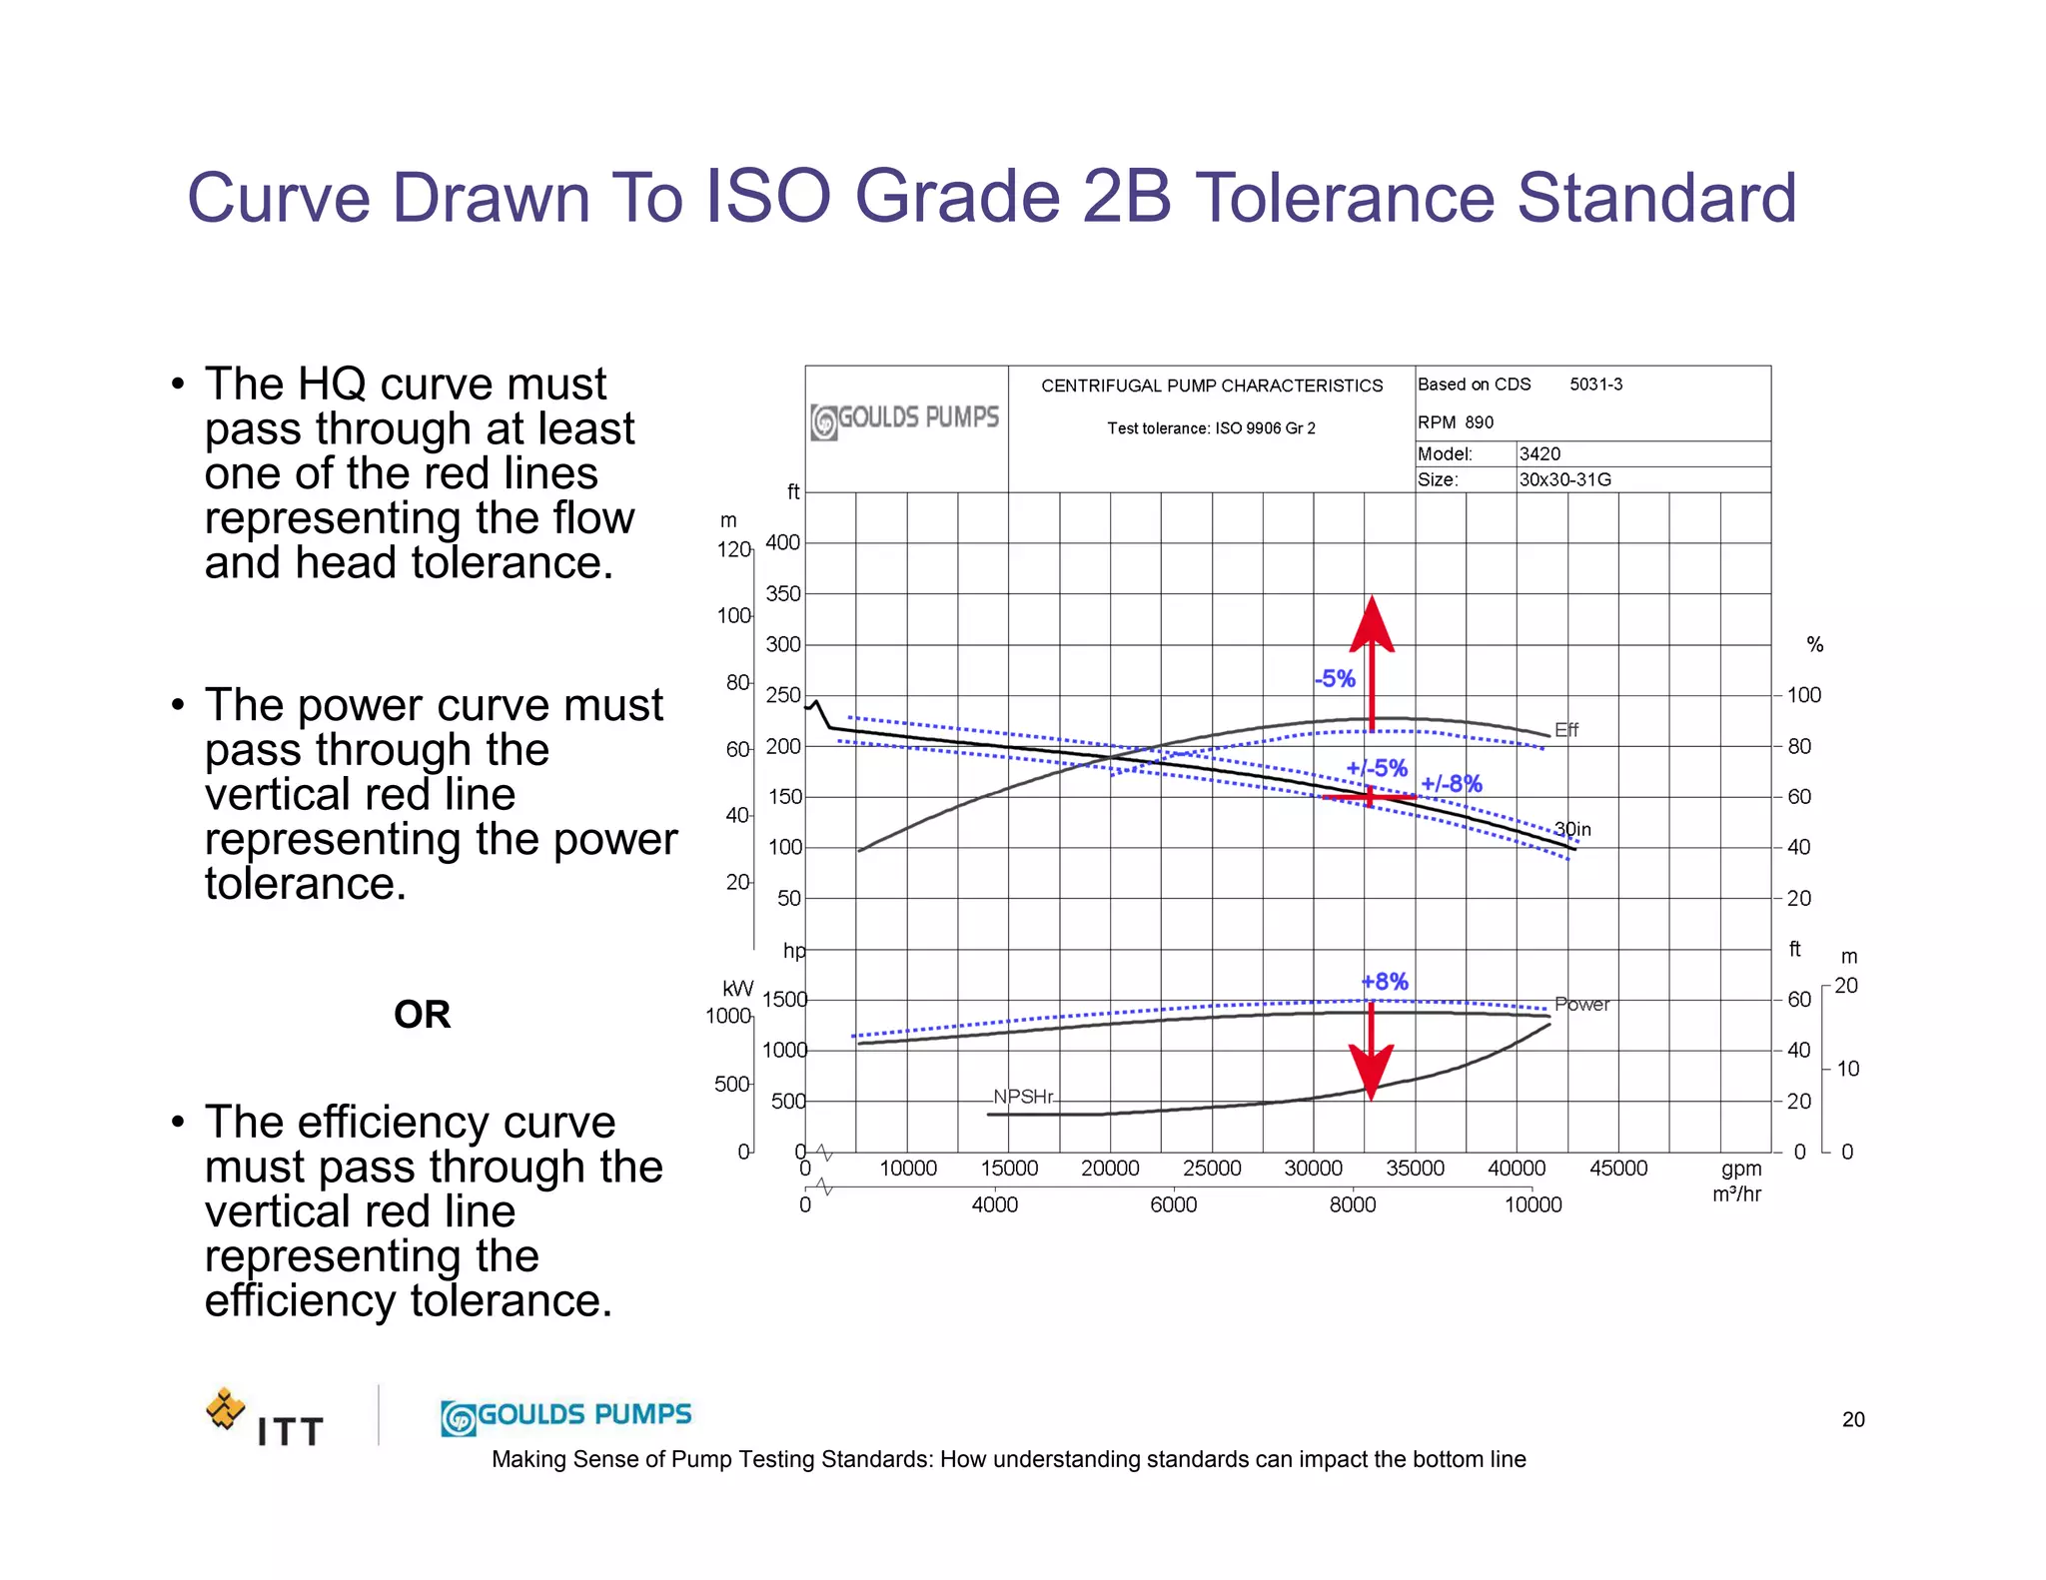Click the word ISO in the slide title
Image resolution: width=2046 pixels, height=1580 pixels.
coord(767,197)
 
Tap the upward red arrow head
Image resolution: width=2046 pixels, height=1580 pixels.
coord(1372,625)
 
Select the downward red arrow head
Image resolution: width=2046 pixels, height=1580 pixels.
coord(1371,1071)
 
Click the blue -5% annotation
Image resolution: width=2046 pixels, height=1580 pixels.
coord(1335,679)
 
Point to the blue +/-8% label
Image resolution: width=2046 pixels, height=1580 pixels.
coord(1451,784)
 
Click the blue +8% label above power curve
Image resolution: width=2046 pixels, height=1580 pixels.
coord(1385,982)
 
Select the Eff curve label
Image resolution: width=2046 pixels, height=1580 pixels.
coord(1565,730)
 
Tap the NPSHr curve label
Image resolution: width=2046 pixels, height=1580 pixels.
coord(1023,1097)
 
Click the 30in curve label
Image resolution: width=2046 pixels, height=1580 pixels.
coord(1572,829)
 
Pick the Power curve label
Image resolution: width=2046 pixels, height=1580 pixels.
coord(1581,1005)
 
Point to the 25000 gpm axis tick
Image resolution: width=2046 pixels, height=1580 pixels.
coord(1212,1169)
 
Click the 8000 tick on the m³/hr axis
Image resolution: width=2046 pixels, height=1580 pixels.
coord(1352,1205)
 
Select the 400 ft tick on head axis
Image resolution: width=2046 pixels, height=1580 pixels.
coord(782,542)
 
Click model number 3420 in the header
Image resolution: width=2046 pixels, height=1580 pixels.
coord(1539,453)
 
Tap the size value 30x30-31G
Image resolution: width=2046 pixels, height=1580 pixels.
coord(1564,479)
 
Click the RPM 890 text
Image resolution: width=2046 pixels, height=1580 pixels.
coord(1456,422)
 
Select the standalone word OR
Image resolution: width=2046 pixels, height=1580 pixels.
coord(422,1015)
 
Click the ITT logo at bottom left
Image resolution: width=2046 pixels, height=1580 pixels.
coord(266,1418)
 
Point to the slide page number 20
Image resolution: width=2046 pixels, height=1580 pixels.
coord(1852,1419)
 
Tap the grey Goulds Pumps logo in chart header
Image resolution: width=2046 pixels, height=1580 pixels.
coord(905,419)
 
